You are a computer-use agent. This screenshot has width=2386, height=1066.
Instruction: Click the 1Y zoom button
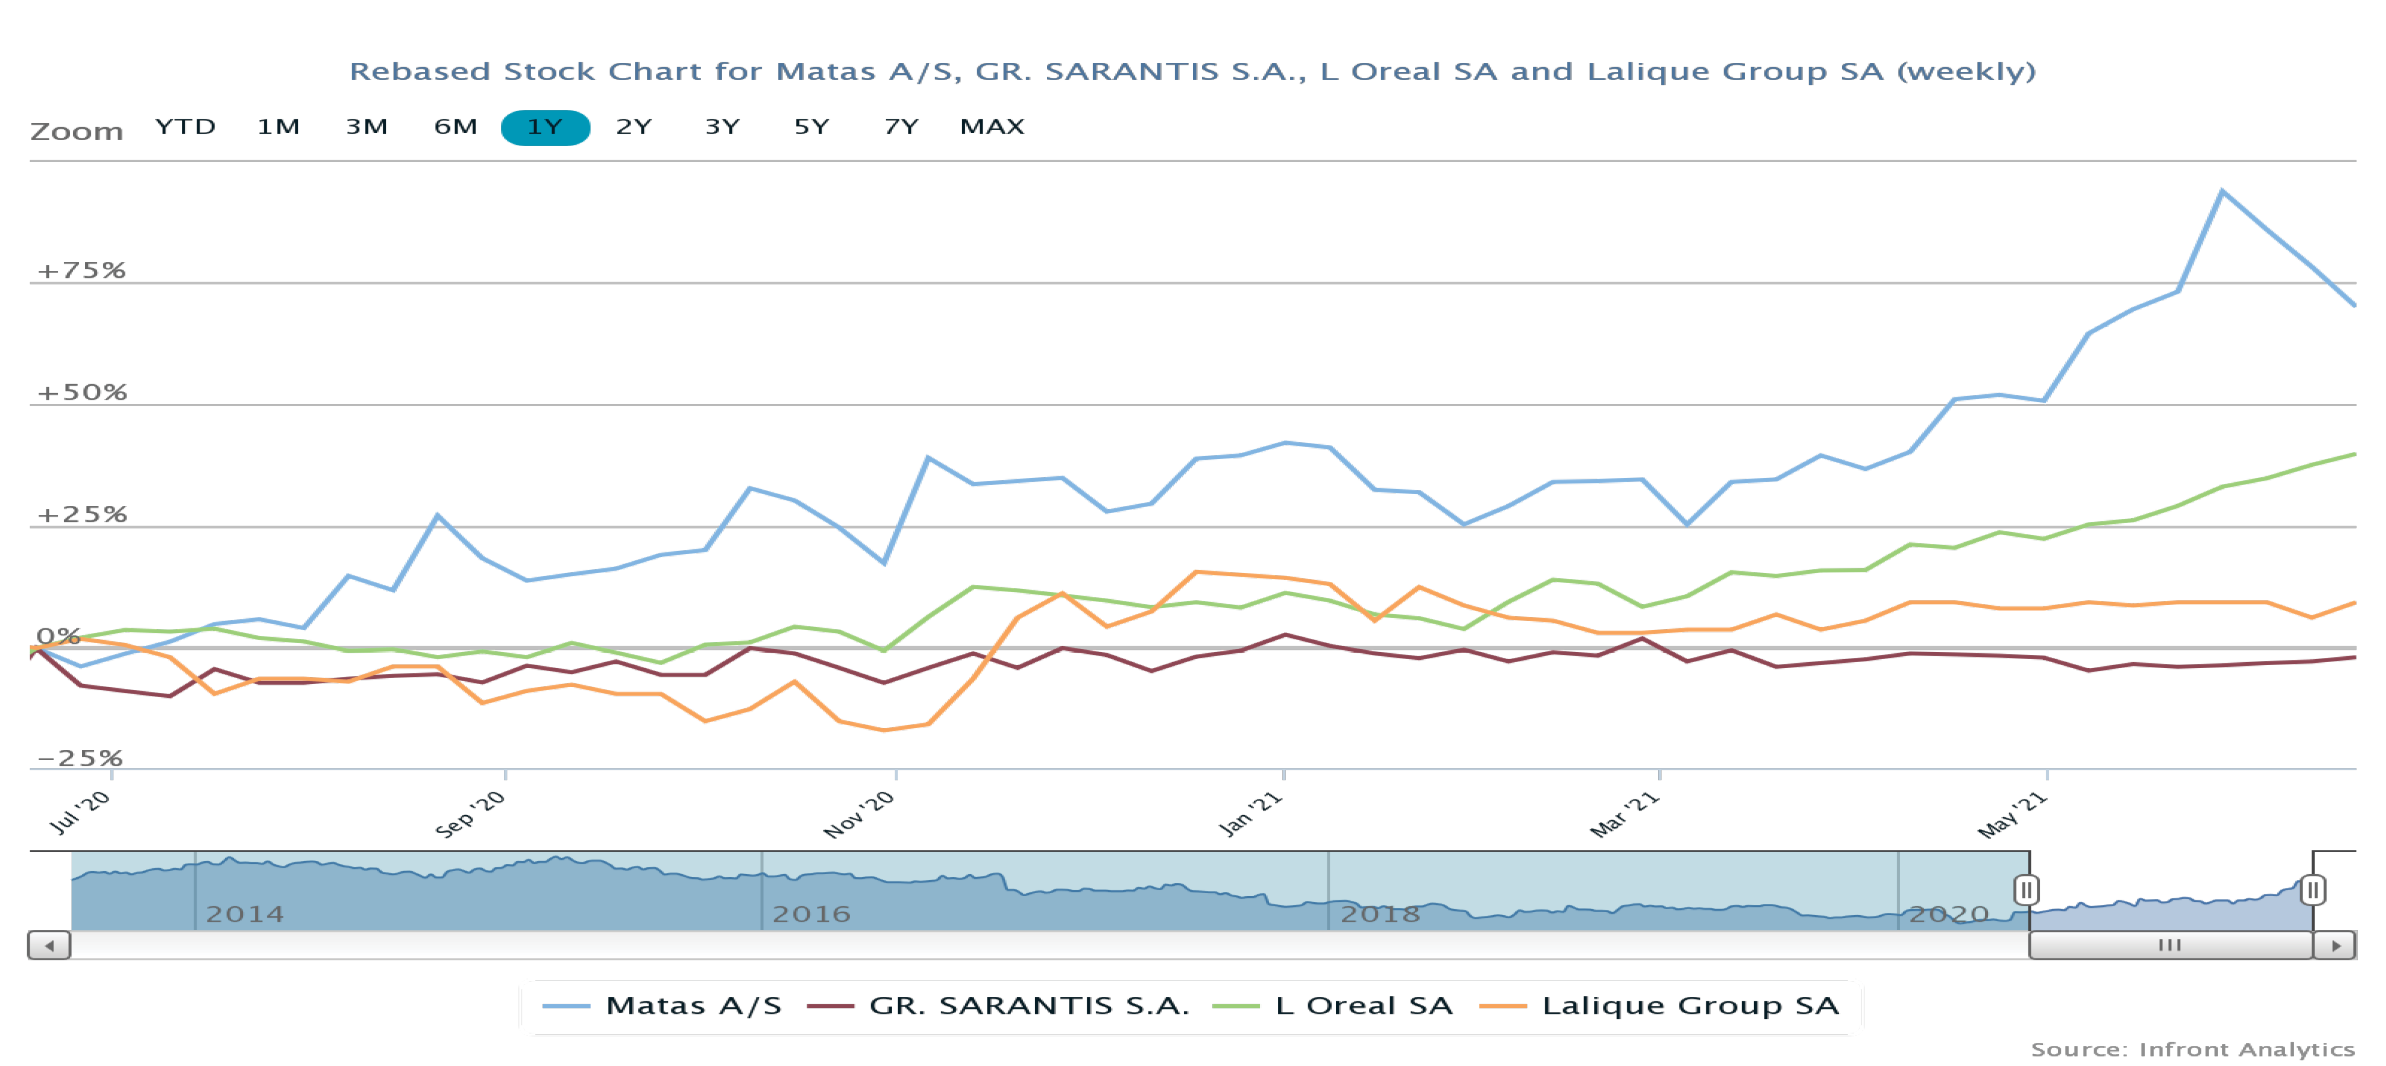click(545, 127)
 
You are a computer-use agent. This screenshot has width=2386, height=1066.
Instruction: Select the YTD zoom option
click(185, 127)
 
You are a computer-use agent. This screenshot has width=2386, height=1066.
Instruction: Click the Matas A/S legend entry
click(663, 1006)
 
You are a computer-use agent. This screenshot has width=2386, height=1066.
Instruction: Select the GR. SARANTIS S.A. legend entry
click(999, 1006)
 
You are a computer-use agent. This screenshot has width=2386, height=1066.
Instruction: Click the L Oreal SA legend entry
click(1334, 1006)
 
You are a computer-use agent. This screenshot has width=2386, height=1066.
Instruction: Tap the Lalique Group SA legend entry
click(1660, 1006)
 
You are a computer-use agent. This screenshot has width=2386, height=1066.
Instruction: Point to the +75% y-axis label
click(81, 270)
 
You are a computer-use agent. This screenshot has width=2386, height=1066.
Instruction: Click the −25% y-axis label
click(79, 758)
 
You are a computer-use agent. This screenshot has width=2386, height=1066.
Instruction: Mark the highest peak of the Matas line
click(2221, 192)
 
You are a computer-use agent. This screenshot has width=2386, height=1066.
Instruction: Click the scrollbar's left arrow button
click(49, 945)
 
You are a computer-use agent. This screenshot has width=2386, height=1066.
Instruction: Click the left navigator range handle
click(2026, 891)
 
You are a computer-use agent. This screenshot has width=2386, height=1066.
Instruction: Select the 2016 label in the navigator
click(812, 914)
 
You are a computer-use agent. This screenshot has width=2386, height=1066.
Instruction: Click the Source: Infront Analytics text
click(2192, 1049)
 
